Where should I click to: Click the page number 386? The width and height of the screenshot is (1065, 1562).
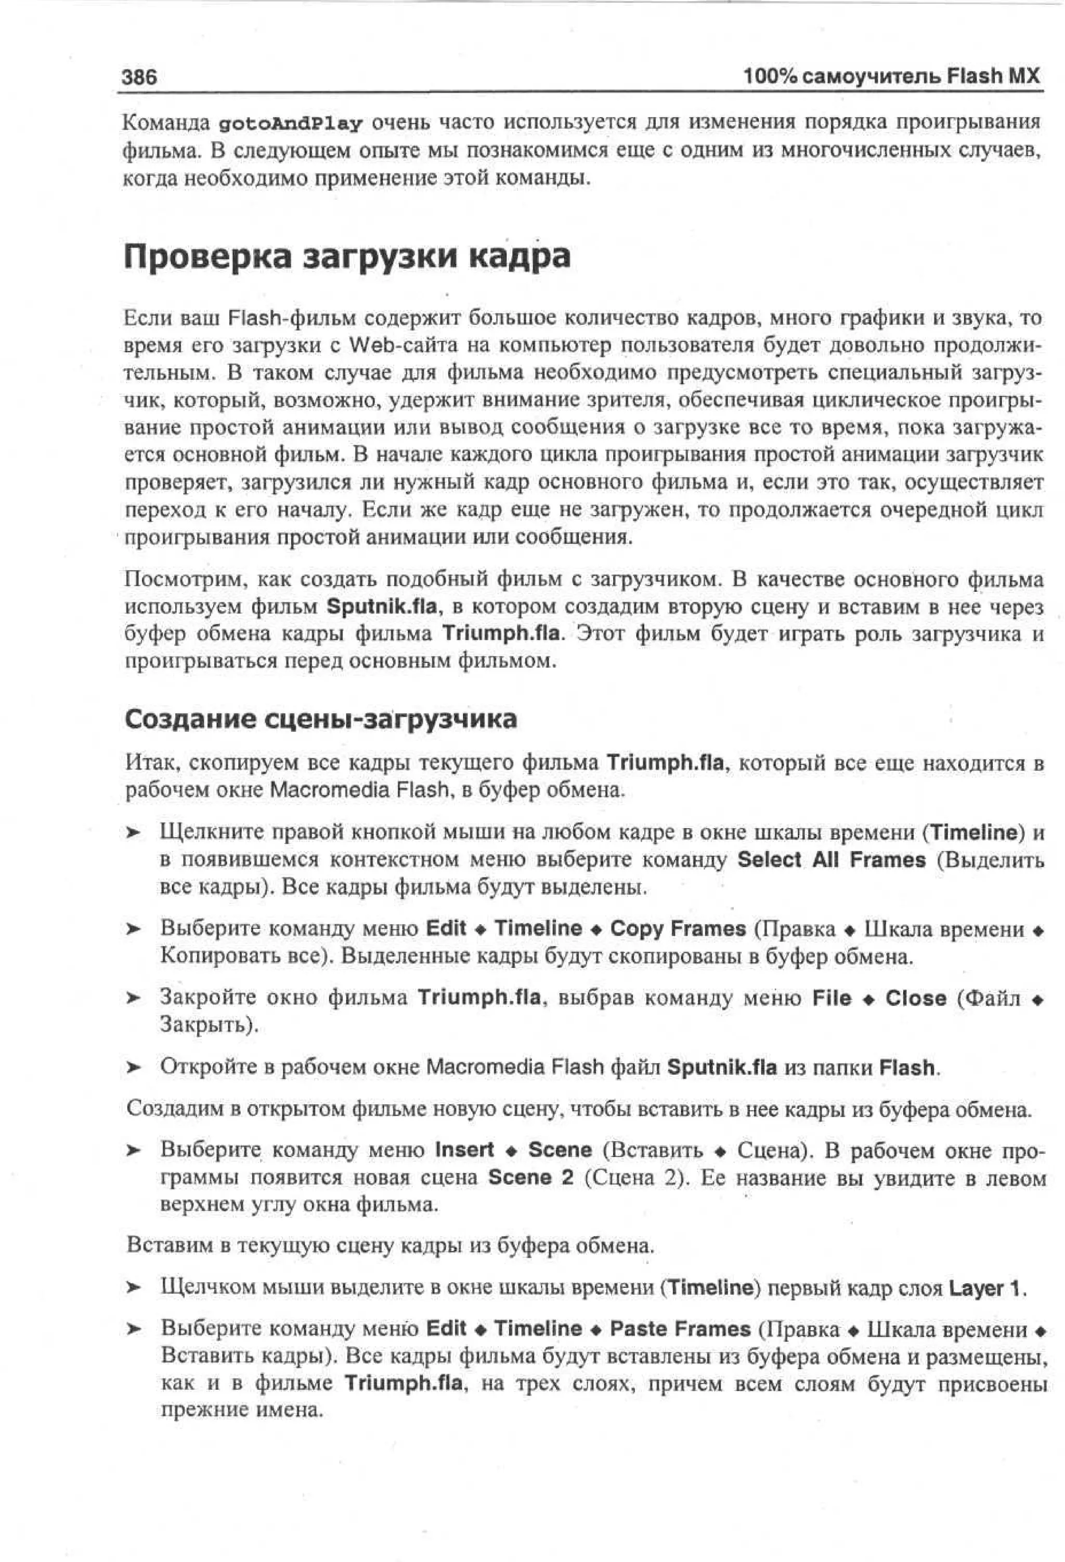coord(139,76)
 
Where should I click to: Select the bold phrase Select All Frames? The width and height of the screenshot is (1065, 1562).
coord(831,860)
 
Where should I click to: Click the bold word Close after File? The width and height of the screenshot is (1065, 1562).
coord(915,998)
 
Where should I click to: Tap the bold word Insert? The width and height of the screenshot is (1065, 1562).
coord(464,1150)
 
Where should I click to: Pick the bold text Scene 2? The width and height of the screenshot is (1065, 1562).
coord(530,1177)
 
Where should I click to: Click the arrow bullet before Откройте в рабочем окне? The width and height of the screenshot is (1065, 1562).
coord(134,1067)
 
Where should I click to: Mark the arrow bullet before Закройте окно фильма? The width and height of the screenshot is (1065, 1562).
coord(134,999)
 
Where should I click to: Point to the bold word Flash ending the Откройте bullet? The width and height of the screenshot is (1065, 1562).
coord(907,1067)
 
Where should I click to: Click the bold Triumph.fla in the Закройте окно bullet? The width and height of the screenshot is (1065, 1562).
coord(479,998)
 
